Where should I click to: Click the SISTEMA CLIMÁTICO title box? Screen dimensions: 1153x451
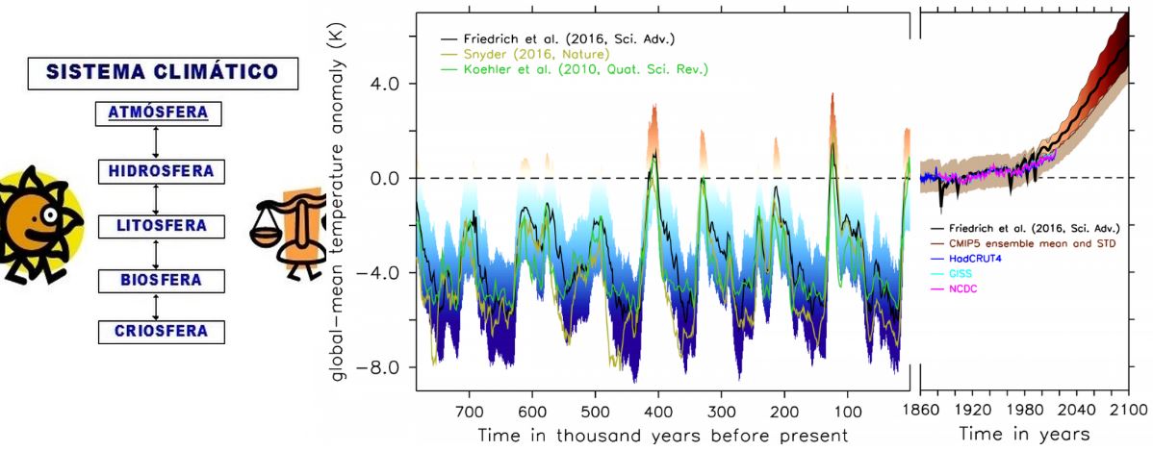pyautogui.click(x=161, y=72)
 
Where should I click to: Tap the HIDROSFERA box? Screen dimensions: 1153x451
pyautogui.click(x=161, y=171)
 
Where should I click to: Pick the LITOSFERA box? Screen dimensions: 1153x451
pyautogui.click(x=161, y=225)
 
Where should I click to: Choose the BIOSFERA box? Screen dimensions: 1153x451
pyautogui.click(x=161, y=280)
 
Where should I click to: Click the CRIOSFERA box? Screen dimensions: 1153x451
pyautogui.click(x=161, y=331)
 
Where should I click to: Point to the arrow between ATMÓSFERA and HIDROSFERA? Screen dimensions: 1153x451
pyautogui.click(x=155, y=142)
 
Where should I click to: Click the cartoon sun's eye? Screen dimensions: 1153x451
pyautogui.click(x=48, y=215)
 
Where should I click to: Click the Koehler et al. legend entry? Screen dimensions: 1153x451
pyautogui.click(x=574, y=69)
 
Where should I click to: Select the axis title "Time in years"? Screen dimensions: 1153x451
pyautogui.click(x=1023, y=434)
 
